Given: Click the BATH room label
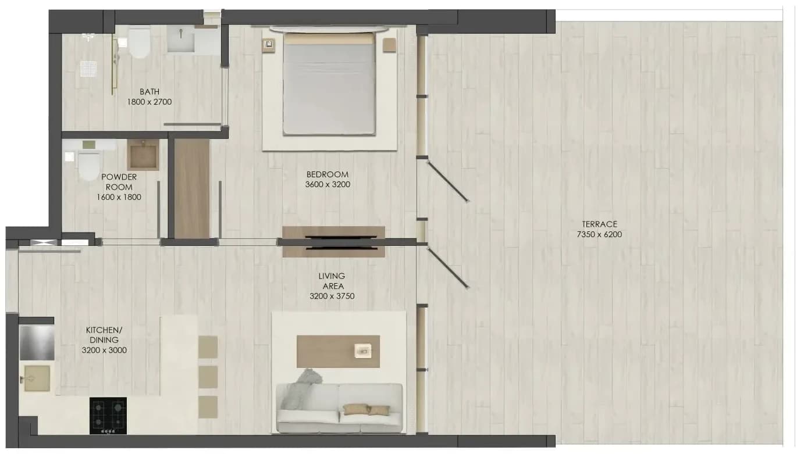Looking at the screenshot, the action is (x=150, y=92).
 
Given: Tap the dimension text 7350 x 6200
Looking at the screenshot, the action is (x=599, y=234).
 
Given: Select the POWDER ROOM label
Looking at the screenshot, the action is (x=119, y=182).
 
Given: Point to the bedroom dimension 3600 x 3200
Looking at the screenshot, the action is (x=328, y=185).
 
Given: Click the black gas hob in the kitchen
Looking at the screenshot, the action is (x=108, y=416).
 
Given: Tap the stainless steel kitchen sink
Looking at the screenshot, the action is (x=37, y=343).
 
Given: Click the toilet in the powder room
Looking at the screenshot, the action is (x=88, y=166).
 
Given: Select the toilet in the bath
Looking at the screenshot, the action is (x=139, y=43).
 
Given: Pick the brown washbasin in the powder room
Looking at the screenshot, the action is (x=143, y=155).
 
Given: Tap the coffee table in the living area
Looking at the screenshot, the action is (x=338, y=352).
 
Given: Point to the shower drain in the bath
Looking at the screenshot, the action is (x=88, y=69).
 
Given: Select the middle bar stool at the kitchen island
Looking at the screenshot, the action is (x=208, y=377).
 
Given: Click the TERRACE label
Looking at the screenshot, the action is (x=599, y=224).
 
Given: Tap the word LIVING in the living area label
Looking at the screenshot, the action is (x=332, y=276).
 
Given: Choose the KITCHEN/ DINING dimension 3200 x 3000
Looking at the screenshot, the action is (x=104, y=351).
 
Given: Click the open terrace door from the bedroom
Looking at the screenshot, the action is (x=447, y=181).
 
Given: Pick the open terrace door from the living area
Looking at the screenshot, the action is (x=447, y=268).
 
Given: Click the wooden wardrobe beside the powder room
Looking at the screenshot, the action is (x=191, y=188).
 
